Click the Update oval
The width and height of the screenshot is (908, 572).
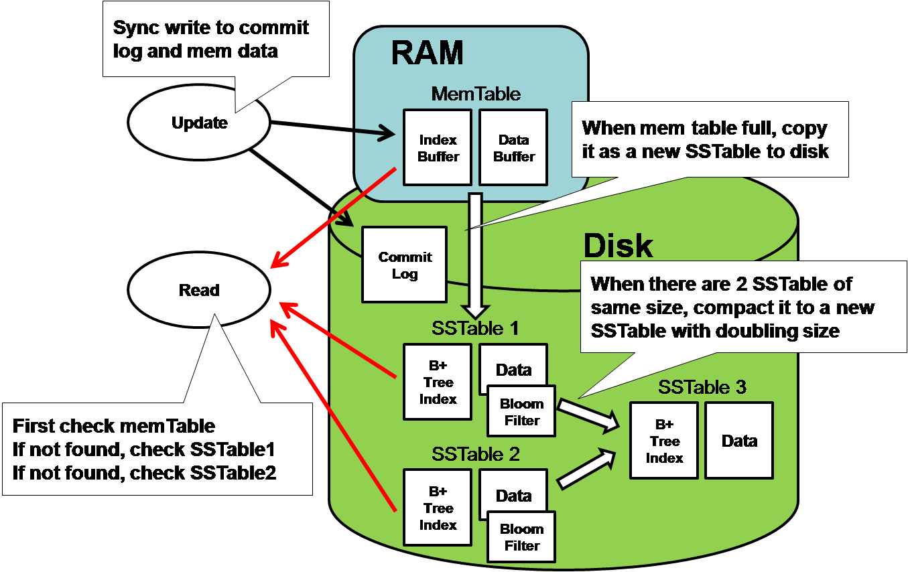click(199, 123)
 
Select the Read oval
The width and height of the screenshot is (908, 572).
click(199, 290)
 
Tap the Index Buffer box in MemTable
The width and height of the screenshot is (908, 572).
click(438, 147)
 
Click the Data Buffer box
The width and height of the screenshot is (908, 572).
click(513, 147)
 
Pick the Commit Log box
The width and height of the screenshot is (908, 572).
click(404, 265)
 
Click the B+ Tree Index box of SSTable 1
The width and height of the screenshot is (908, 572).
click(438, 382)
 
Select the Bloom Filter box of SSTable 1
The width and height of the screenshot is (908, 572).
click(521, 412)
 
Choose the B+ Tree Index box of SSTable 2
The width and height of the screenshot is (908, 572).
click(438, 508)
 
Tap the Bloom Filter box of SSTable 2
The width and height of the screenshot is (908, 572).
click(521, 537)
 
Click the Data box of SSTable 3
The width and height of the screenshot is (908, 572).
click(739, 441)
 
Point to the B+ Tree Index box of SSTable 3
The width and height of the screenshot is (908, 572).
click(664, 441)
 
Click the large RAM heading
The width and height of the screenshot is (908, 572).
click(427, 52)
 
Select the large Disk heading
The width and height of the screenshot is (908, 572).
click(618, 246)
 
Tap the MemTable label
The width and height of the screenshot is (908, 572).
click(475, 94)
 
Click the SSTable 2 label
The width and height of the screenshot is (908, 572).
click(475, 455)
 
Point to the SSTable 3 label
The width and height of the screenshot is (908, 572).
click(702, 387)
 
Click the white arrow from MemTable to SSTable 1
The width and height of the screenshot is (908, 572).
click(475, 255)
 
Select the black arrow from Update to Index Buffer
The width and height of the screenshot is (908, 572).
click(332, 129)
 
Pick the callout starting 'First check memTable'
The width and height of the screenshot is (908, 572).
click(157, 449)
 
